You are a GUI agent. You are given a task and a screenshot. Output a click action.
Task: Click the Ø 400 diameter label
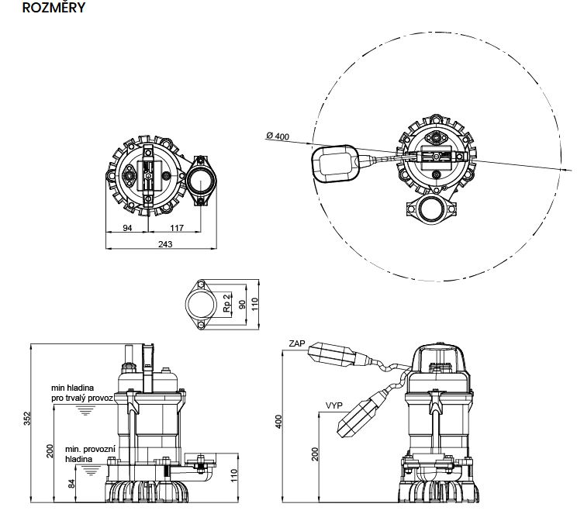(278, 136)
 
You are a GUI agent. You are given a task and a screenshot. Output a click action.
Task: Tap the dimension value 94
(128, 228)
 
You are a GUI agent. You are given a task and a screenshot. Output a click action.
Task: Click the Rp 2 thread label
(226, 302)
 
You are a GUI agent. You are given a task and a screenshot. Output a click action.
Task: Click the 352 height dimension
(26, 419)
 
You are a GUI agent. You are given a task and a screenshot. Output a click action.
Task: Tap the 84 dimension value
(73, 485)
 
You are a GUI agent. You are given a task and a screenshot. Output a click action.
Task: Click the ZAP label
(295, 343)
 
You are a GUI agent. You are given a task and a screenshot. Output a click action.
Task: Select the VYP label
(334, 405)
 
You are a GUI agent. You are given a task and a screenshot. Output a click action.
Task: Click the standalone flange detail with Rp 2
(205, 302)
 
